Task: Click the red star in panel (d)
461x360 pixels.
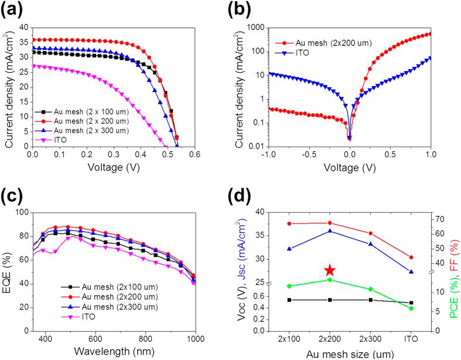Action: pos(330,270)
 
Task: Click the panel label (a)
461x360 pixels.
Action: pos(13,11)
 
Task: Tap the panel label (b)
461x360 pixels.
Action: pos(248,11)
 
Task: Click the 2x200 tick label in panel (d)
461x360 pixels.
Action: pos(330,338)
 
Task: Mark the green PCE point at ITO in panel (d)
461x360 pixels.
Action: pos(411,308)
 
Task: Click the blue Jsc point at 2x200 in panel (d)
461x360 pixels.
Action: pos(330,231)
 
